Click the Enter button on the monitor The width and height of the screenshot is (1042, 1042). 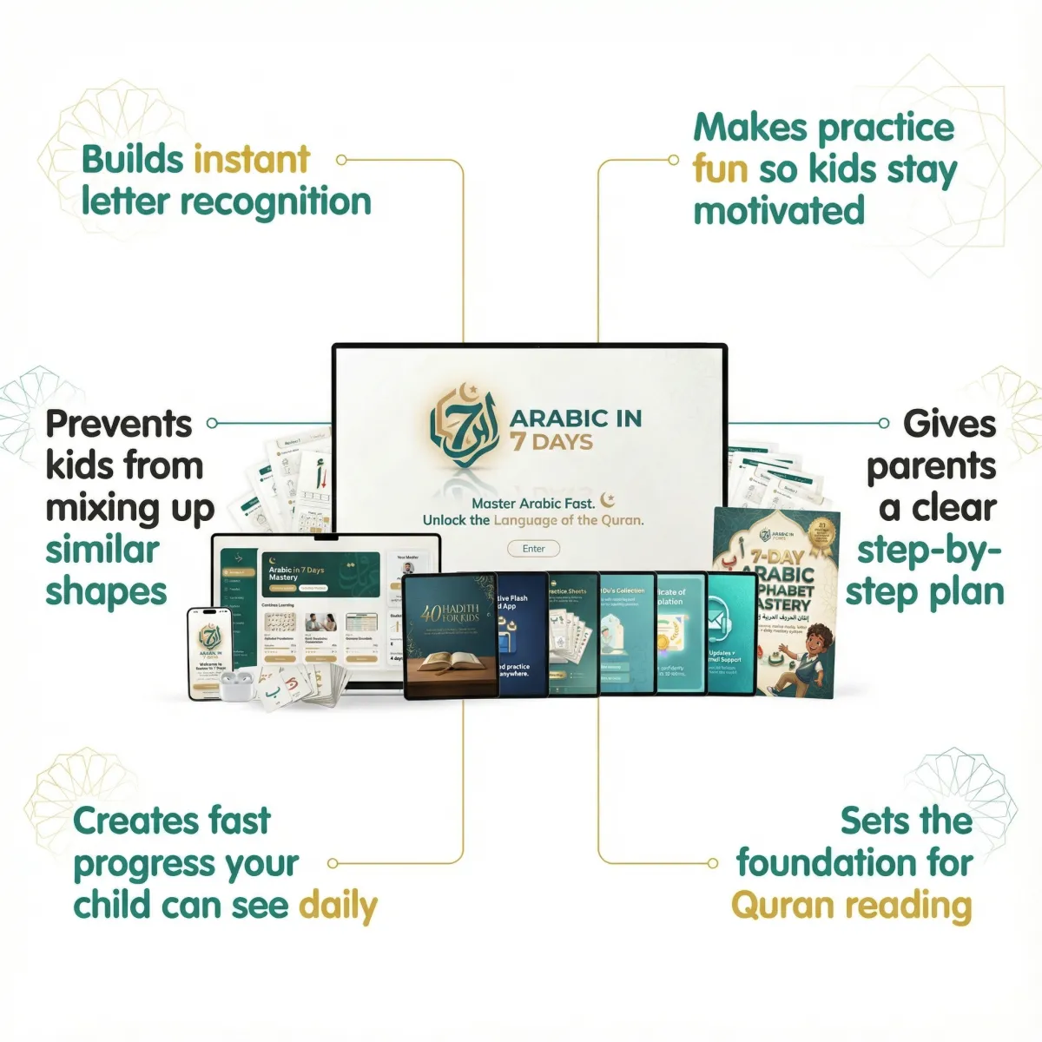click(x=534, y=549)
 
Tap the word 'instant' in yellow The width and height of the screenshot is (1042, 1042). click(x=252, y=160)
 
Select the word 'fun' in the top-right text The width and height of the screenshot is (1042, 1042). click(x=720, y=169)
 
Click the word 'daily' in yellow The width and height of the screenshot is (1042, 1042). click(x=338, y=906)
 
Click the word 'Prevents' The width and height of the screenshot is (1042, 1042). click(x=119, y=425)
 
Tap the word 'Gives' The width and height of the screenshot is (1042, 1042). click(x=949, y=425)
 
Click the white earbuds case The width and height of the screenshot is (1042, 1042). click(x=234, y=686)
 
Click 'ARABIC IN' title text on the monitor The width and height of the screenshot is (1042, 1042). click(x=576, y=419)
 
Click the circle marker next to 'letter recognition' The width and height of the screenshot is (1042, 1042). click(x=341, y=160)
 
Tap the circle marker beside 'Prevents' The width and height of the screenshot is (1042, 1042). click(x=212, y=424)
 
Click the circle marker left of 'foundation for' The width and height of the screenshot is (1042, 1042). click(x=713, y=863)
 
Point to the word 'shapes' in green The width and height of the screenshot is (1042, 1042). click(x=106, y=593)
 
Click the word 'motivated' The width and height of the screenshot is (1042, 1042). click(x=779, y=211)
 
